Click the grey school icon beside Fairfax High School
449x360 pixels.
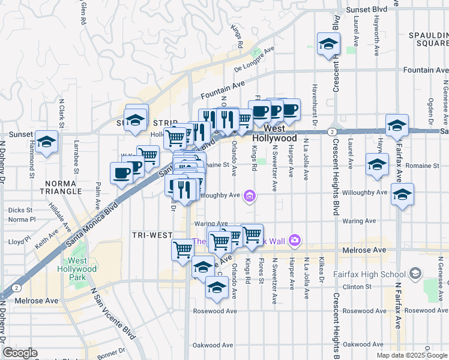[414, 274]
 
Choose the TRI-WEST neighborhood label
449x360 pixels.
[152, 234]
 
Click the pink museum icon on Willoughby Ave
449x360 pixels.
[250, 194]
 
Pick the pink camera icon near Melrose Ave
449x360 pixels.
[294, 241]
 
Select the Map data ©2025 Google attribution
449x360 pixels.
[411, 355]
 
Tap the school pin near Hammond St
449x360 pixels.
[45, 142]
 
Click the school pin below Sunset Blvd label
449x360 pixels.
[328, 44]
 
